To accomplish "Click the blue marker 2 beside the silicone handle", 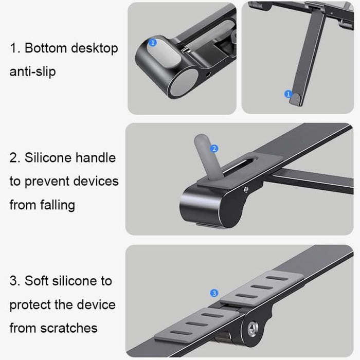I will [215, 149].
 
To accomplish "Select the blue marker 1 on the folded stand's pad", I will [152, 43].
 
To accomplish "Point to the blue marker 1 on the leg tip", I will [288, 94].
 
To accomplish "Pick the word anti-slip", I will [32, 71].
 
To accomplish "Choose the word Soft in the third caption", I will [37, 281].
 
